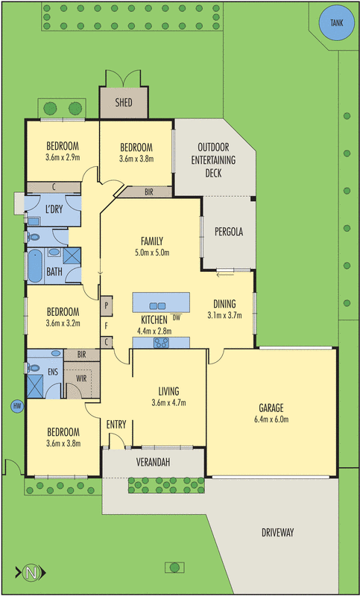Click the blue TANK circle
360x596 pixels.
pos(332,25)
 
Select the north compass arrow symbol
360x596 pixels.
pos(30,573)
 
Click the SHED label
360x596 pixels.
pos(123,103)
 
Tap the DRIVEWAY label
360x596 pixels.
pos(277,532)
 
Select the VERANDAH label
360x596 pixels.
pos(153,463)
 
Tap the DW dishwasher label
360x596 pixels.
pos(177,317)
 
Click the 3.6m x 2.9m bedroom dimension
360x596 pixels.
pos(63,158)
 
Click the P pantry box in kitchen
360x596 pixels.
pos(107,305)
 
